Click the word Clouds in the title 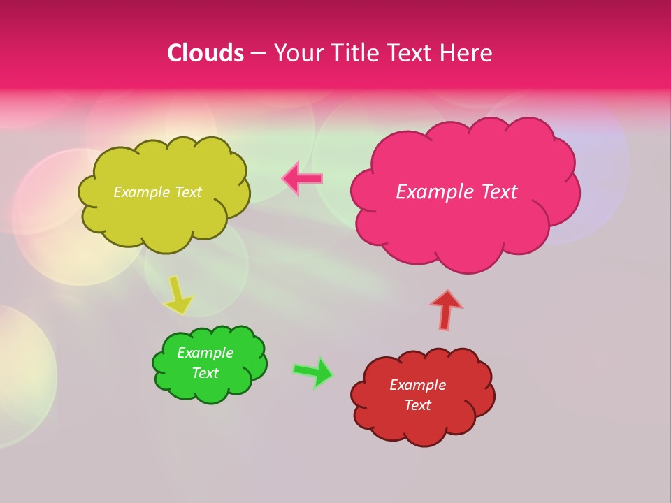tap(205, 53)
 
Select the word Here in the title tap(467, 53)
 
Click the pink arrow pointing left tap(303, 178)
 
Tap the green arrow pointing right tap(313, 372)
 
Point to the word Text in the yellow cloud tap(188, 192)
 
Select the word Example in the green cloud tap(205, 353)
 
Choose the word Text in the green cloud tap(205, 373)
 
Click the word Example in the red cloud tap(418, 385)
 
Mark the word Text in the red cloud tap(418, 405)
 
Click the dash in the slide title tap(258, 53)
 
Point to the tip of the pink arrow tap(283, 178)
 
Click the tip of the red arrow tap(446, 291)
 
